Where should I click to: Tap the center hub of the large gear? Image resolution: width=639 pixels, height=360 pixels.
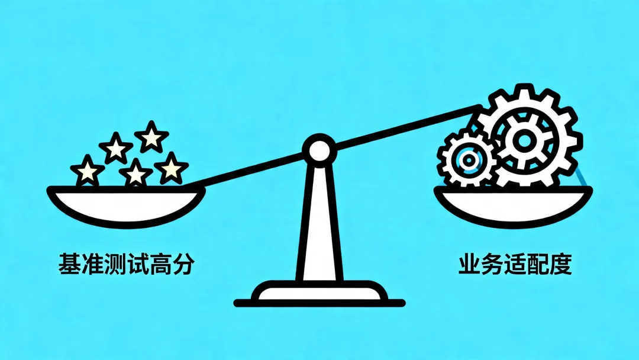[x=524, y=140]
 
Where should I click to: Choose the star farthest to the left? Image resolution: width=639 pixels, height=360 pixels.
[x=88, y=171]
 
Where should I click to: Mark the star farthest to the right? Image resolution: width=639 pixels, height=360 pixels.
[x=171, y=168]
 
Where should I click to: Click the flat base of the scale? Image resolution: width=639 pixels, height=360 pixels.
[x=319, y=294]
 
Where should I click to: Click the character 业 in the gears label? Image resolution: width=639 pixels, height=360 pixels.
[x=471, y=264]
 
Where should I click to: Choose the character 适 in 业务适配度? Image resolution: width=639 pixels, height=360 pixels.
[x=515, y=264]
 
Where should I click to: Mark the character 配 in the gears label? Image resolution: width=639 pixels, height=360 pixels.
[x=538, y=264]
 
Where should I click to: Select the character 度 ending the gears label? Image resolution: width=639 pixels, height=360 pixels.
[x=561, y=264]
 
